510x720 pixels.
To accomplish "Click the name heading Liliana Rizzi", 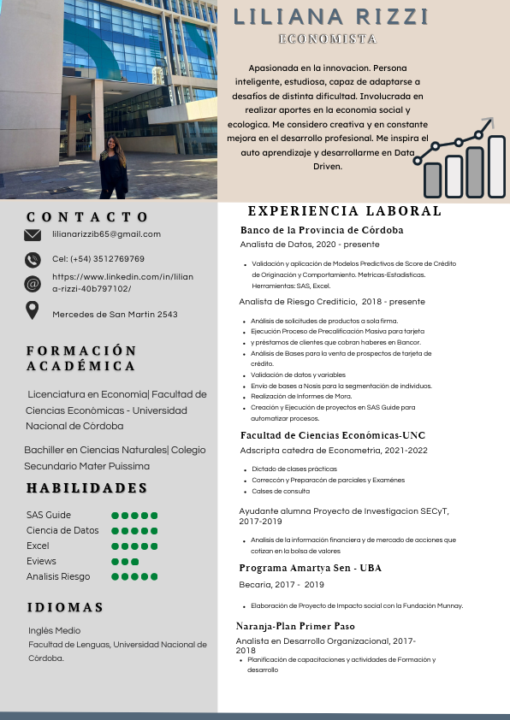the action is (x=330, y=17).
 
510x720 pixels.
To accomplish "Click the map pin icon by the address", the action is (x=33, y=310).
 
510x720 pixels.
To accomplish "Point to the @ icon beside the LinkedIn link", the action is (x=33, y=284).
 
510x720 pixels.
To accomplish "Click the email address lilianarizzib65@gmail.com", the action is (x=106, y=234).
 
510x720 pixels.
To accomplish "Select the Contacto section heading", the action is (x=88, y=217).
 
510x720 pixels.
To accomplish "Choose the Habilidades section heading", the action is (x=86, y=488).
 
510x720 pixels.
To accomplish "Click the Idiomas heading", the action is (x=65, y=607).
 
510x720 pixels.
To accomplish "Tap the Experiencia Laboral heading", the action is (x=344, y=211).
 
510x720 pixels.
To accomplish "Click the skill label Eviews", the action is (x=41, y=561).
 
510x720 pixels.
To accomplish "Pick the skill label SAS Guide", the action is (x=49, y=515).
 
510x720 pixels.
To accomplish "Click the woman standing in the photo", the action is (x=113, y=168).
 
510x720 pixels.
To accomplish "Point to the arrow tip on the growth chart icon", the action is (x=489, y=121).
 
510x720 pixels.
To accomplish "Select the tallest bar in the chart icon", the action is (x=496, y=166).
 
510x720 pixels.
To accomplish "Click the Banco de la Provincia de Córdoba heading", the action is (x=322, y=231).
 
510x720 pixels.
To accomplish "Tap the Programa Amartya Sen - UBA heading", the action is (x=310, y=569).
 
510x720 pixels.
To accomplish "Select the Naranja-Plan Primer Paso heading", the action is (x=295, y=627).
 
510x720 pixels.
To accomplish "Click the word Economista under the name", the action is (x=328, y=39).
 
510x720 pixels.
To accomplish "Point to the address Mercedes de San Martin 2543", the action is (x=115, y=315).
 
